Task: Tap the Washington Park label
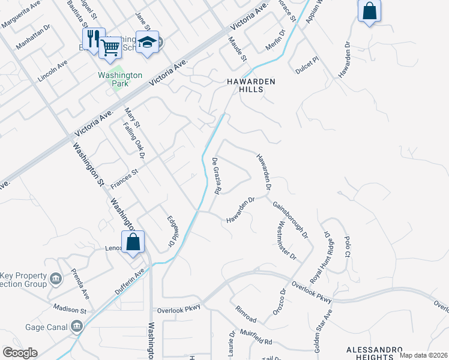pyautogui.click(x=120, y=79)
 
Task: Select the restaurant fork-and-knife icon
pyautogui.click(x=93, y=39)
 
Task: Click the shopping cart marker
pyautogui.click(x=110, y=46)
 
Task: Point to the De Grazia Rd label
pyautogui.click(x=217, y=176)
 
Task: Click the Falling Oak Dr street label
pyautogui.click(x=134, y=142)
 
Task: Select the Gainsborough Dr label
pyautogui.click(x=290, y=220)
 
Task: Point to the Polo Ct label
pyautogui.click(x=347, y=246)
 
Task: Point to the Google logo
pyautogui.click(x=20, y=353)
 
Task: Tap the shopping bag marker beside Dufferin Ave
pyautogui.click(x=133, y=243)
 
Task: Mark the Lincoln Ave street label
pyautogui.click(x=53, y=73)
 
